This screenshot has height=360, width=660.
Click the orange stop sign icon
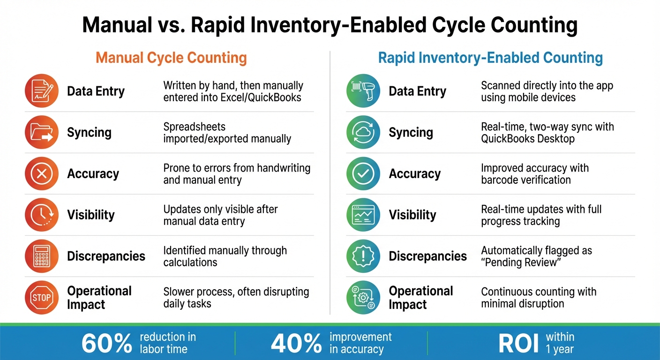pyautogui.click(x=42, y=297)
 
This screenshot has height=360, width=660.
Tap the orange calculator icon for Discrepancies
pyautogui.click(x=42, y=256)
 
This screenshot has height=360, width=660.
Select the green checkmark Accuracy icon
pyautogui.click(x=363, y=173)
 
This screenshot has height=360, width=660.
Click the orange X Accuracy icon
pyautogui.click(x=42, y=173)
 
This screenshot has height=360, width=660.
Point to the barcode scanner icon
pyautogui.click(x=363, y=91)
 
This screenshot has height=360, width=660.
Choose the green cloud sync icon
pyautogui.click(x=363, y=132)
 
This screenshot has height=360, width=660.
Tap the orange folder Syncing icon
pyautogui.click(x=42, y=132)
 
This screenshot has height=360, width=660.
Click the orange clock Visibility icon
pyautogui.click(x=42, y=215)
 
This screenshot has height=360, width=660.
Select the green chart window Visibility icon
pyautogui.click(x=363, y=215)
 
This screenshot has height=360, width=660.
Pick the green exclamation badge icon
pyautogui.click(x=363, y=256)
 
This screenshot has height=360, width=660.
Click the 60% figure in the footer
pyautogui.click(x=107, y=344)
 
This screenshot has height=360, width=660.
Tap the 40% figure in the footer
pyautogui.click(x=296, y=344)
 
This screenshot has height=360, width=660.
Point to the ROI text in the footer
pyautogui.click(x=518, y=344)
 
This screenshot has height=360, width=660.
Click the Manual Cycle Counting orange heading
pyautogui.click(x=171, y=58)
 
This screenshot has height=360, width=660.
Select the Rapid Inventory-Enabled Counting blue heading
pyautogui.click(x=490, y=58)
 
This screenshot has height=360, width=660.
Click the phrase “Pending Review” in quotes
pyautogui.click(x=521, y=262)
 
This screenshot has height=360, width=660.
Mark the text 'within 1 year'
pyautogui.click(x=560, y=343)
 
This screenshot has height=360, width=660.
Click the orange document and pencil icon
pyautogui.click(x=42, y=91)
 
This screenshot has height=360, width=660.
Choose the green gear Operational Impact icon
pyautogui.click(x=363, y=297)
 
